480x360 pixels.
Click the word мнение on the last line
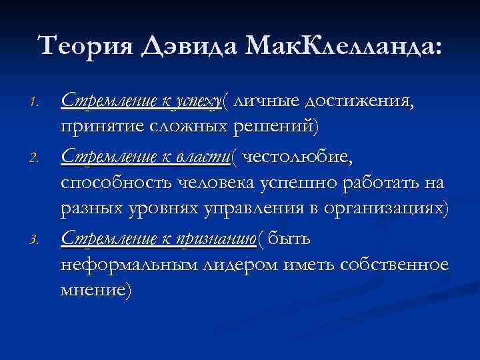tap(95, 289)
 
